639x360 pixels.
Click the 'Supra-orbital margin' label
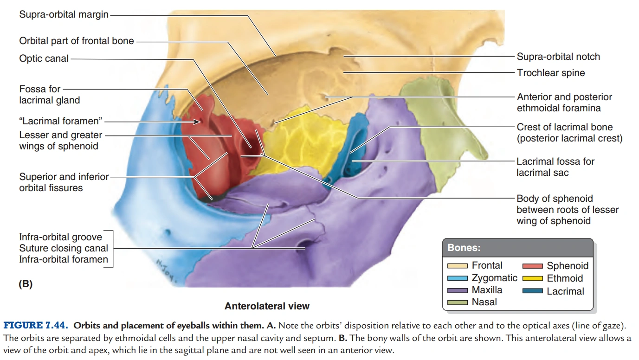64,15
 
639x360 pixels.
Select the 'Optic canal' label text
44,58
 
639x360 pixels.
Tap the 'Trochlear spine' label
551,73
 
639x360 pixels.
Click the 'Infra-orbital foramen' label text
63,259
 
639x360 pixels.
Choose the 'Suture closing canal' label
63,248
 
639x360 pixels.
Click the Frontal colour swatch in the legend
458,266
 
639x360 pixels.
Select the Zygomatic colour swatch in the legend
458,278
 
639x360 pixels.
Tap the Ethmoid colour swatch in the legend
532,279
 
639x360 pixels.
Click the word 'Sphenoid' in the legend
567,266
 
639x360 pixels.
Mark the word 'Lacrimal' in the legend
565,291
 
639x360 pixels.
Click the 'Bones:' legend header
464,248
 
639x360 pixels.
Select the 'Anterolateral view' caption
267,306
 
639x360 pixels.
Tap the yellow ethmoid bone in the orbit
297,139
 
